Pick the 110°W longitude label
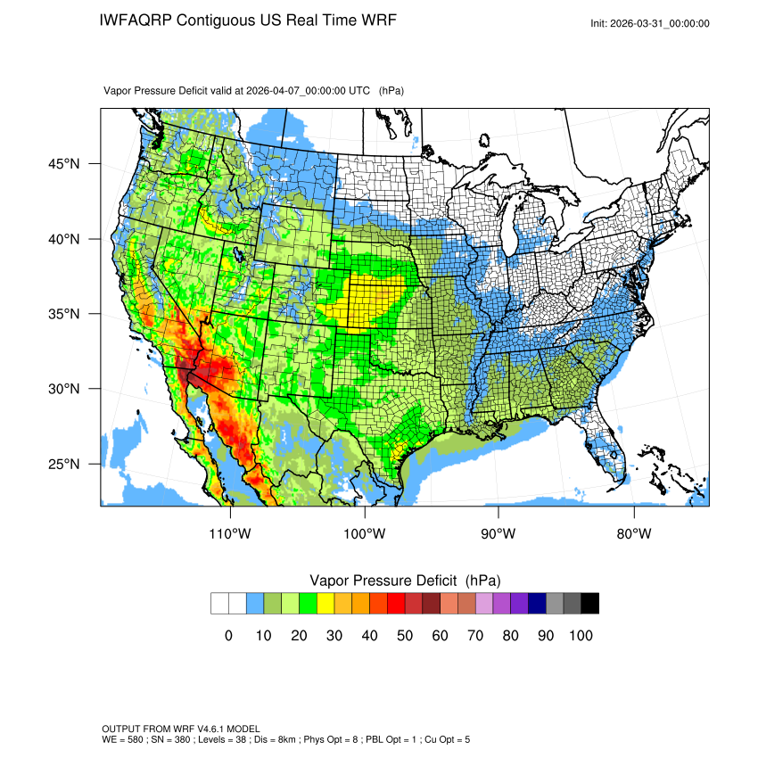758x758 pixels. tap(231, 534)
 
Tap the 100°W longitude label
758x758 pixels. tap(365, 534)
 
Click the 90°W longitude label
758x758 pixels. tap(498, 534)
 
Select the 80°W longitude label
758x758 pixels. tap(633, 534)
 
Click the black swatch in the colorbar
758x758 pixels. tap(589, 604)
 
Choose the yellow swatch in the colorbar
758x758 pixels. tap(325, 604)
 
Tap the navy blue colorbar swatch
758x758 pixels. tap(537, 604)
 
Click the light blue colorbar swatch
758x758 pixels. tap(255, 604)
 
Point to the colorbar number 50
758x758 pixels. tap(405, 636)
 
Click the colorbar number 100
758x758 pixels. tap(580, 636)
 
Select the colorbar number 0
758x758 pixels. tap(228, 636)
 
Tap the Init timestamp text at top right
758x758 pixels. tap(650, 24)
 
